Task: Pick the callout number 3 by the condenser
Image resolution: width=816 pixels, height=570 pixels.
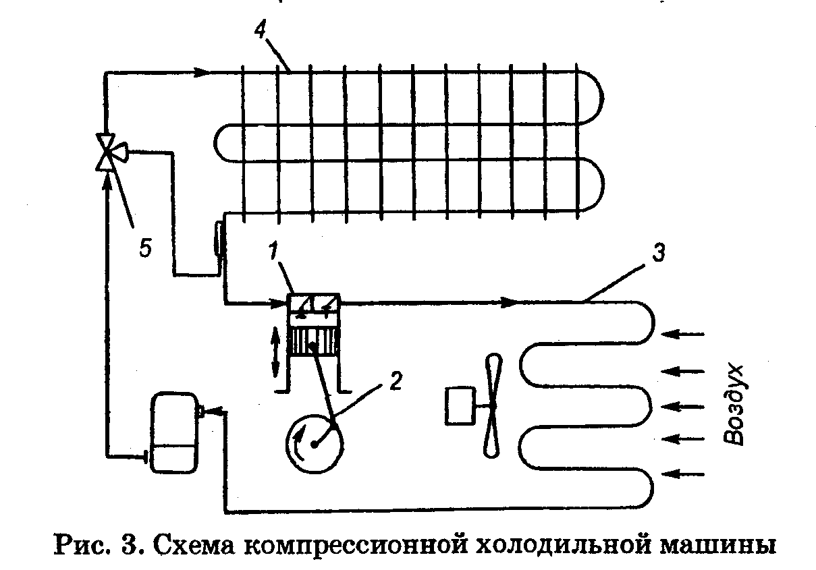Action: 659,253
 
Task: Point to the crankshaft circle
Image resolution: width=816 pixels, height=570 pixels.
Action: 314,442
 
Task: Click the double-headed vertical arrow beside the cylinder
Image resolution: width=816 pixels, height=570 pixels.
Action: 275,351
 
